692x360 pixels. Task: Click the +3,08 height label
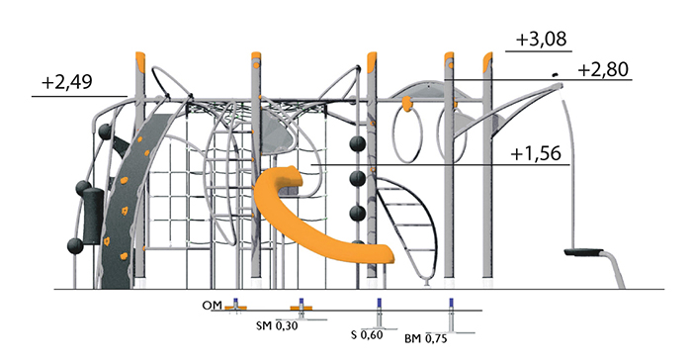click(541, 40)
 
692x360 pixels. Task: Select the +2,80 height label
click(603, 70)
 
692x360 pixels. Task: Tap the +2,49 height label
click(67, 82)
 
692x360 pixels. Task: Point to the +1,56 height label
click(536, 153)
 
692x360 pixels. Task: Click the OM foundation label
click(212, 306)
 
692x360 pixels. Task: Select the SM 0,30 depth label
click(277, 326)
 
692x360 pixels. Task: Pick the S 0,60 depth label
click(367, 335)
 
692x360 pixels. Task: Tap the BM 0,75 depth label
click(425, 339)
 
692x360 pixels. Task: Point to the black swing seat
click(583, 252)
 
